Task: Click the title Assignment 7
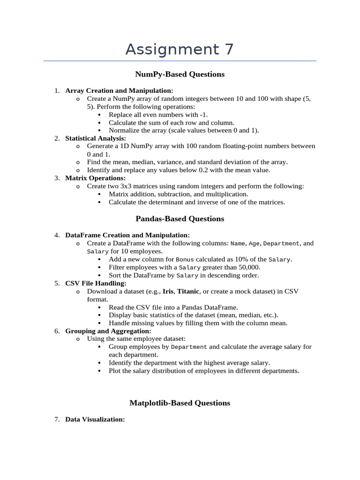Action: coord(180,49)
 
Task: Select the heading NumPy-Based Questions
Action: coord(180,74)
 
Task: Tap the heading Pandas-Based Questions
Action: coord(180,218)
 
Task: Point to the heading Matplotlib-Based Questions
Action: coord(180,403)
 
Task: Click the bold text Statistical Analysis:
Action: coord(96,138)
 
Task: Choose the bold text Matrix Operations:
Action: coord(96,178)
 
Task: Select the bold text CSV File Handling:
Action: coord(96,283)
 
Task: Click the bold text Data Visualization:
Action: coord(95,420)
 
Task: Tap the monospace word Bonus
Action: coord(185,259)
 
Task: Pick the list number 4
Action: coord(56,235)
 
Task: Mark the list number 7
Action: coord(56,420)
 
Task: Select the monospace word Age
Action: coord(255,243)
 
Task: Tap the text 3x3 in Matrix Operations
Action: coord(126,186)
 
